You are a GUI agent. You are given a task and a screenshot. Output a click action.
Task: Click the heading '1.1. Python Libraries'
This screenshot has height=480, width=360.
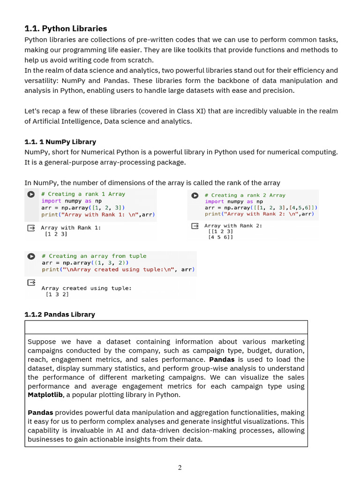(66, 29)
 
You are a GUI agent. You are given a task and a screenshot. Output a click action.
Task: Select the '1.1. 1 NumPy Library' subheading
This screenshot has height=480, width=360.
(60, 142)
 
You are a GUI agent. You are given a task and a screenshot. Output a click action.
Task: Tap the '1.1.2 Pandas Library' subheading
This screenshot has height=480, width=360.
(60, 314)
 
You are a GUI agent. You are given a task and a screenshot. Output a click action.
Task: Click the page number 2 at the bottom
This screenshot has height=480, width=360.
(180, 467)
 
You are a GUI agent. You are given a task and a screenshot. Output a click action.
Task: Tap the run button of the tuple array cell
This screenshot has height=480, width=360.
(31, 256)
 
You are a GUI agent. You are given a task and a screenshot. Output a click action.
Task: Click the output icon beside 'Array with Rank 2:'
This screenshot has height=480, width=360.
(195, 226)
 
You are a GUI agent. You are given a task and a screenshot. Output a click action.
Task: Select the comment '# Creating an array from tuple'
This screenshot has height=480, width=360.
(94, 256)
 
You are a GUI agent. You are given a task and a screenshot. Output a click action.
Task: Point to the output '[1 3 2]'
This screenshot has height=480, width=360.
(57, 294)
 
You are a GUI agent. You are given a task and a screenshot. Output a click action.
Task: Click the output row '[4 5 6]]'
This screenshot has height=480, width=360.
(220, 237)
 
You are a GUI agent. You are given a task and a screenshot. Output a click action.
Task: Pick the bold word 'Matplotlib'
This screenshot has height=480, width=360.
(45, 395)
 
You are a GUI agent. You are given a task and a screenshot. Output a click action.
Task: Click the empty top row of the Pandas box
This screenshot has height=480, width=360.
(166, 327)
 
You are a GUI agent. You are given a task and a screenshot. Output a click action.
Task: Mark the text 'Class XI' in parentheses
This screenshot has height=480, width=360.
(193, 111)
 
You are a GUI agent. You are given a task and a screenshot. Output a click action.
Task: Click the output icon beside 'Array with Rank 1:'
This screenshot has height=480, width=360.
(31, 228)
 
